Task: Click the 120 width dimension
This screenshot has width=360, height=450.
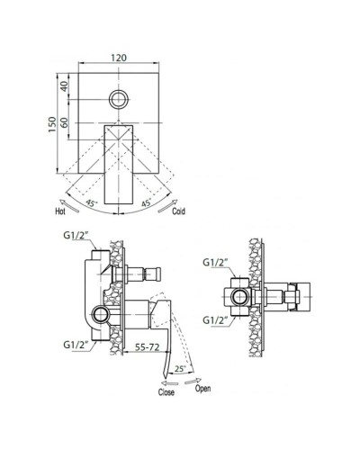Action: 119,58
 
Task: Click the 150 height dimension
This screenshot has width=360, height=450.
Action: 52,125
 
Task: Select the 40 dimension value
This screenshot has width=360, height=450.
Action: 65,86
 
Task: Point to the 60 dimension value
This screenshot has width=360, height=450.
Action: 65,122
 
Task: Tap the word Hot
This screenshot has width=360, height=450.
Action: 60,211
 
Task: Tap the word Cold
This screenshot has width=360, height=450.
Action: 178,211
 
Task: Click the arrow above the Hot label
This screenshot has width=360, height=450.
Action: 69,205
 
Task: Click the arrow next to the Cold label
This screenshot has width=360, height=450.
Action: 167,206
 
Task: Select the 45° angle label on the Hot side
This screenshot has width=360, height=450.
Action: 92,203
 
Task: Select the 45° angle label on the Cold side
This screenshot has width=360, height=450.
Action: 146,202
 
